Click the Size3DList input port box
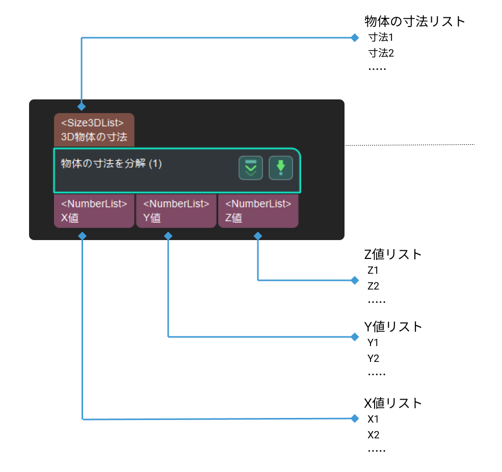click(94, 129)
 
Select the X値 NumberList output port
click(94, 211)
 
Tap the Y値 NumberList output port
click(176, 211)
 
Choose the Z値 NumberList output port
click(258, 211)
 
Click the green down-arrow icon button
click(281, 168)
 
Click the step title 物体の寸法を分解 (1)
click(112, 164)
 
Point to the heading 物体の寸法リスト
click(415, 21)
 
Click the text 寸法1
click(381, 38)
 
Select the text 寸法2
click(381, 53)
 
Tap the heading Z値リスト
click(393, 254)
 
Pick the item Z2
click(373, 286)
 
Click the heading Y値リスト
click(393, 327)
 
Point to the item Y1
click(373, 343)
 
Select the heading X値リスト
click(393, 404)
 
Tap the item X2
click(373, 435)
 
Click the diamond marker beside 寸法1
click(355, 38)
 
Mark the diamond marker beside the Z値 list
click(355, 280)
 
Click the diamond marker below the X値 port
click(82, 236)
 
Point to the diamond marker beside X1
click(355, 418)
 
